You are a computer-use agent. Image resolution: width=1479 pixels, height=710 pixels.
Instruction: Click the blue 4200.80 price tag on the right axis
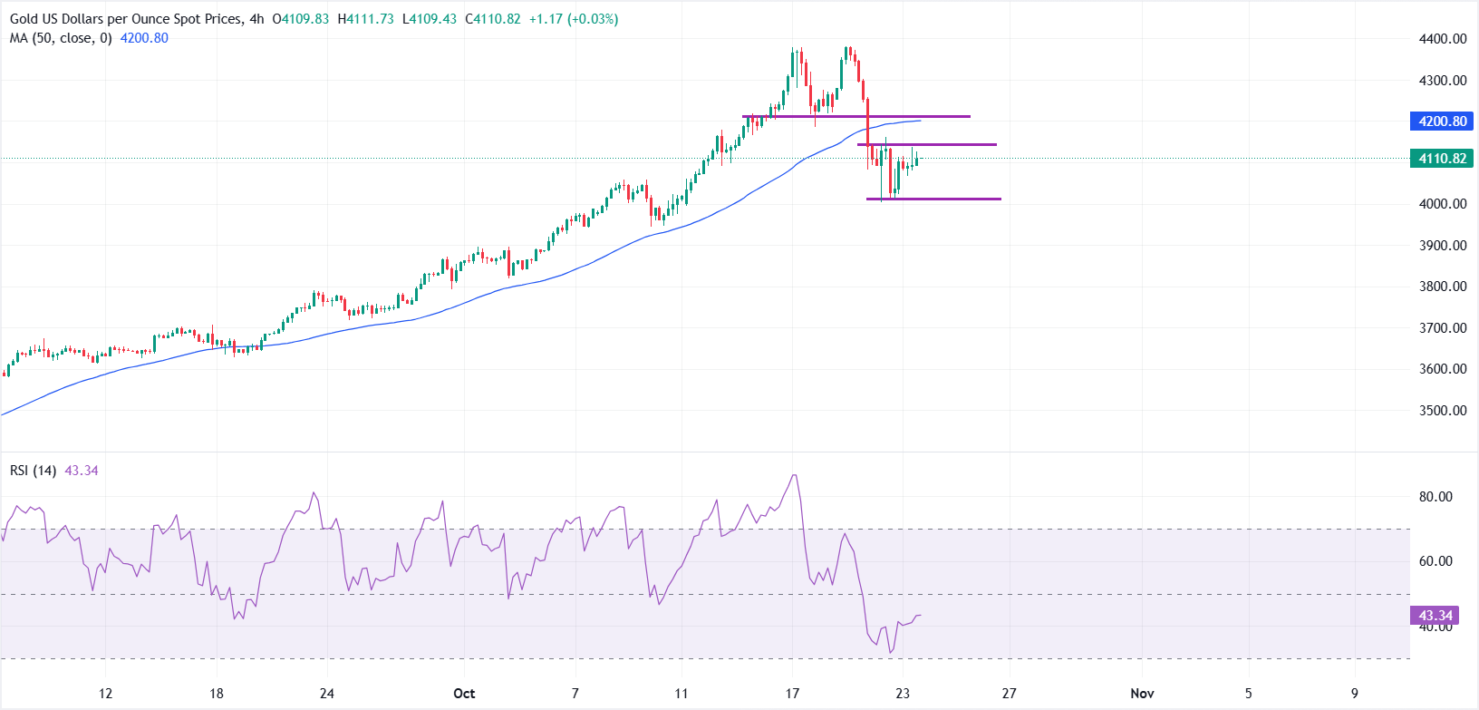pos(1443,122)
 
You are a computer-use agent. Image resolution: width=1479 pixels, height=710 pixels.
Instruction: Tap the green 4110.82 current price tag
pos(1443,159)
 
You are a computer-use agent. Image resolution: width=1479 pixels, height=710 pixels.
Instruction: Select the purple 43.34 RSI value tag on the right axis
pos(1435,616)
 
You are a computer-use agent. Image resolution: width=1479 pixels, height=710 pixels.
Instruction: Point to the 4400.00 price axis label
pos(1443,39)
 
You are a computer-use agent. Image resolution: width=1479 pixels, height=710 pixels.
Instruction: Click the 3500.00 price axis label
pos(1443,411)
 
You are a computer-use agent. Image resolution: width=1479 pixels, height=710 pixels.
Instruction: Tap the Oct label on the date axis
pos(464,694)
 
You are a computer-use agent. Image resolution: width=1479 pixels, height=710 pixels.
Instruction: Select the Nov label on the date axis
pos(1142,694)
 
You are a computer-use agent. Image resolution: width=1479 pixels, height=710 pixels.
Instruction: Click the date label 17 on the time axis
pos(792,694)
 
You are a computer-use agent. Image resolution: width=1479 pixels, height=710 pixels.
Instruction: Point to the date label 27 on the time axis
pos(1009,694)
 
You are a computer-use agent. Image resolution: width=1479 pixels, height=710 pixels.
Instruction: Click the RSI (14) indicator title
pos(34,471)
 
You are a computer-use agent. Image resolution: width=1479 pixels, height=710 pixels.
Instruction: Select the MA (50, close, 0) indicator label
pos(61,38)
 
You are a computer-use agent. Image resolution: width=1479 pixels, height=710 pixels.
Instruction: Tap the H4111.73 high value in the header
pos(365,19)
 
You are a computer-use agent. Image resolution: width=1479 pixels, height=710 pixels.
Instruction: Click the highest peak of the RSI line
pos(795,475)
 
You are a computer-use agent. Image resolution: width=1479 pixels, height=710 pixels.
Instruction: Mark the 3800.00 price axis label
pos(1443,287)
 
